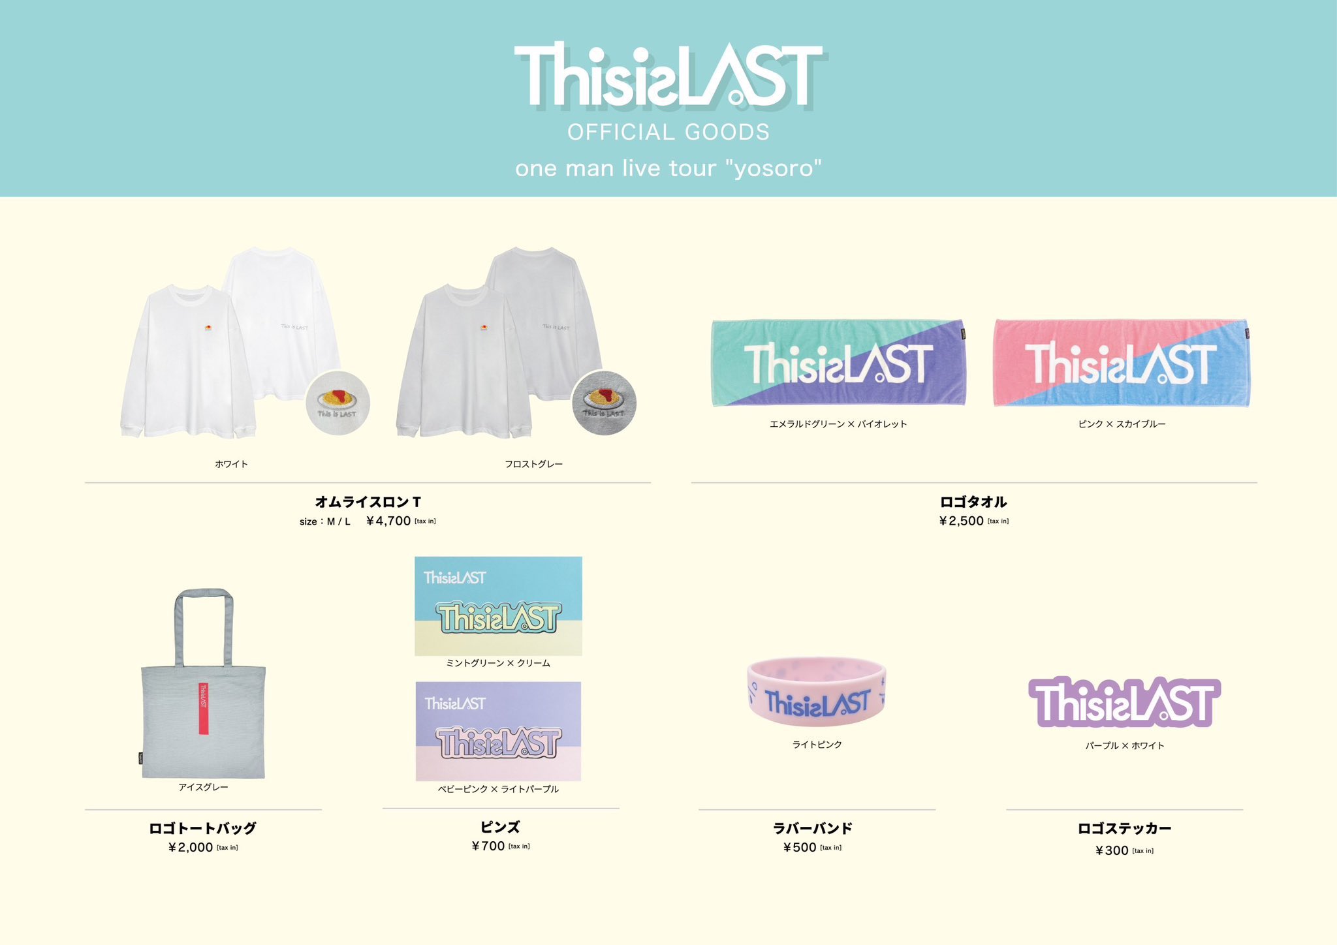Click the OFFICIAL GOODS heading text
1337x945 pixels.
click(x=668, y=132)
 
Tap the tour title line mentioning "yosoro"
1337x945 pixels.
click(x=668, y=168)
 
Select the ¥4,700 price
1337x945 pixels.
click(x=388, y=521)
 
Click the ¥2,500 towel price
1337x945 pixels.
click(x=962, y=521)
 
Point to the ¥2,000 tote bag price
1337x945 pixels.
click(x=191, y=847)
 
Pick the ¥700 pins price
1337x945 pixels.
click(x=488, y=846)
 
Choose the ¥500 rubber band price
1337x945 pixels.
click(x=800, y=847)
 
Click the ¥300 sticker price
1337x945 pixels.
click(x=1112, y=850)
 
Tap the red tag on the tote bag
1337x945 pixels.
click(x=204, y=708)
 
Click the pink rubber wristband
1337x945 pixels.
click(x=817, y=692)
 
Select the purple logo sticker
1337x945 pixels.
click(x=1124, y=702)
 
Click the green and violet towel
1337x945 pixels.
click(x=838, y=363)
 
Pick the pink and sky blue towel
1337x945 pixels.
click(x=1121, y=363)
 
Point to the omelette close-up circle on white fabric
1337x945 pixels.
click(x=338, y=403)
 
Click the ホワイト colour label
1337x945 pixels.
click(x=231, y=464)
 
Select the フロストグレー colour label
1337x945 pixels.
click(x=533, y=464)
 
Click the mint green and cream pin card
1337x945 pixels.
click(x=498, y=606)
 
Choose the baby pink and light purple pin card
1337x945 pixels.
click(x=498, y=731)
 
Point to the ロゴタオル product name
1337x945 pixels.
click(x=973, y=502)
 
